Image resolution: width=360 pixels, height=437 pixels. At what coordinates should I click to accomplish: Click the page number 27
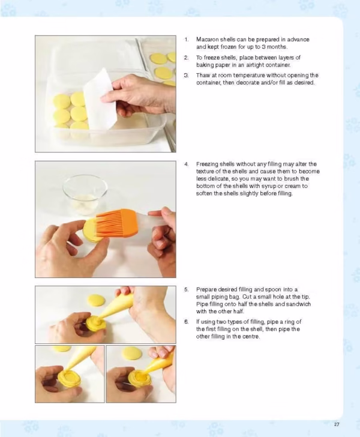click(337, 424)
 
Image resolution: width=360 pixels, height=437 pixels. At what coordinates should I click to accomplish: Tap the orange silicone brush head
click(117, 223)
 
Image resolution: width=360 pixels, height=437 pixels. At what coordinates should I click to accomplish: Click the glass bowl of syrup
click(85, 194)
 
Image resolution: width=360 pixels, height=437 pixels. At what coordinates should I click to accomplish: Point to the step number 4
click(187, 164)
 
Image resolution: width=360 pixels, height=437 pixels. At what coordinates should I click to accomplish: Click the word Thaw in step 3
click(203, 75)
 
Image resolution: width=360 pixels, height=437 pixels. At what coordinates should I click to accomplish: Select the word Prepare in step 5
click(206, 289)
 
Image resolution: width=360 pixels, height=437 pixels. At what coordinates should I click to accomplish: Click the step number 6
click(187, 322)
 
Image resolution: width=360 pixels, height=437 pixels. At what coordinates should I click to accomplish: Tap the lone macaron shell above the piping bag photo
click(97, 300)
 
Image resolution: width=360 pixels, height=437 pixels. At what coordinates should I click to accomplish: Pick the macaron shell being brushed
click(92, 231)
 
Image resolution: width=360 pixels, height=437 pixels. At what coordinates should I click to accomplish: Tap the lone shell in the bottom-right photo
click(132, 353)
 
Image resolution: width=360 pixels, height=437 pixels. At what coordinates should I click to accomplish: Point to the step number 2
click(187, 58)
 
